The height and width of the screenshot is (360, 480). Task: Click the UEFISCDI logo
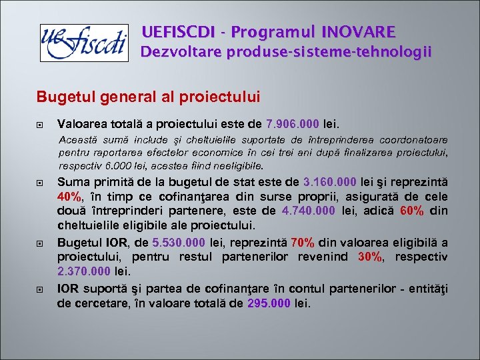83,43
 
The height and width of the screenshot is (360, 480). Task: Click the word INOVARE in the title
358,31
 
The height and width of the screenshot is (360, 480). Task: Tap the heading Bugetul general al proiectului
148,97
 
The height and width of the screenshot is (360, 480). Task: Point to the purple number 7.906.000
293,123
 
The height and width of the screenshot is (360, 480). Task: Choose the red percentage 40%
70,197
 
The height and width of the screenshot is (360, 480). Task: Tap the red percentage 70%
303,242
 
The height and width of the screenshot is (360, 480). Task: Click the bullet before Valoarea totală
41,124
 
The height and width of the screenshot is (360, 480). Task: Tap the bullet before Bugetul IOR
41,243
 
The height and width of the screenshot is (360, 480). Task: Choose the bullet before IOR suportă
41,289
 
